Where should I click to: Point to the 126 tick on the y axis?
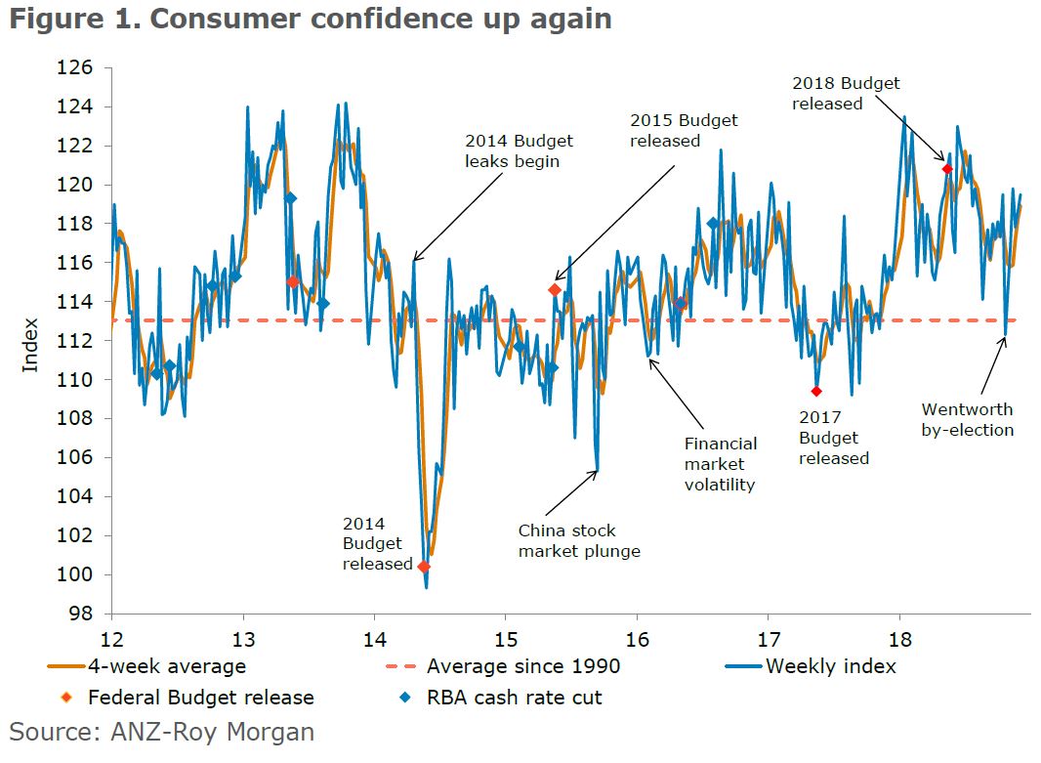pyautogui.click(x=81, y=68)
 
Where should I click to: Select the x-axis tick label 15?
pyautogui.click(x=505, y=636)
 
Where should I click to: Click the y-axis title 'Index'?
pyautogui.click(x=30, y=345)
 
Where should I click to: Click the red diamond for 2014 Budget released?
pyautogui.click(x=424, y=567)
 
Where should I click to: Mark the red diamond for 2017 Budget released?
pyautogui.click(x=816, y=392)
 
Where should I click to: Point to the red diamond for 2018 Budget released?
pyautogui.click(x=946, y=169)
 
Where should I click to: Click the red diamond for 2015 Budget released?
pyautogui.click(x=555, y=290)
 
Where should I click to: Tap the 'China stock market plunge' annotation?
pyautogui.click(x=579, y=540)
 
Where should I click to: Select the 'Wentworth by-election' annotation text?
pyautogui.click(x=967, y=419)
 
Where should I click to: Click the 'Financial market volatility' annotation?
pyautogui.click(x=721, y=463)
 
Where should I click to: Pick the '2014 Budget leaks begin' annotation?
pyautogui.click(x=519, y=150)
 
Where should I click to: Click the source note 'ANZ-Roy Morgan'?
pyautogui.click(x=162, y=731)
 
